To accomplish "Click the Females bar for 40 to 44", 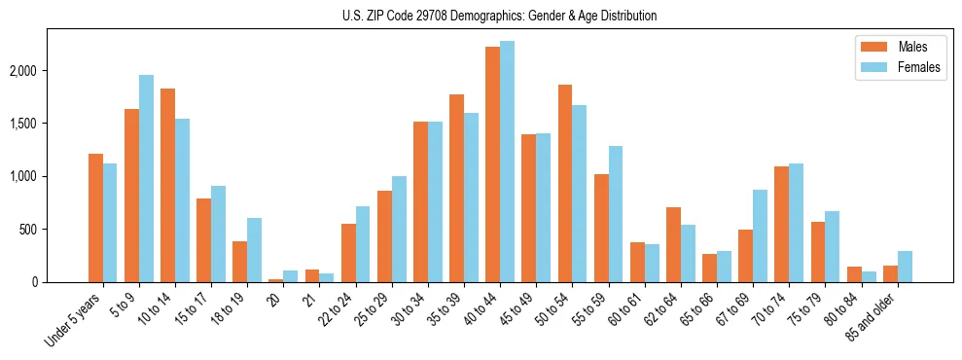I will (507, 162).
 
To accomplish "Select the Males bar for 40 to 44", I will (492, 164).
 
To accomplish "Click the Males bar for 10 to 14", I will (167, 186).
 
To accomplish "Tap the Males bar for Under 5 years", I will (95, 218).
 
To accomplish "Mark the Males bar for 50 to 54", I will (565, 184).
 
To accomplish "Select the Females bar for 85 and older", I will (905, 267).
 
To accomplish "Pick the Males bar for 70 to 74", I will (782, 225).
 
